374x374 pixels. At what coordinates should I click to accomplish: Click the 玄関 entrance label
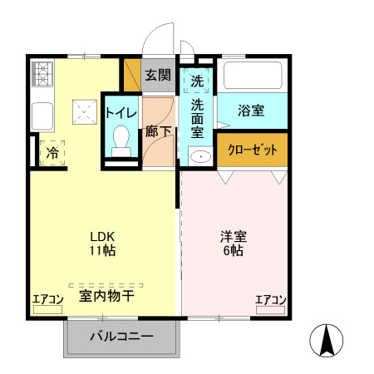coord(158,75)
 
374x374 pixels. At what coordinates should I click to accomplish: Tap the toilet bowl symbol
coord(121,137)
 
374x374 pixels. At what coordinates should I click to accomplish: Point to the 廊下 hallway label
coord(157,130)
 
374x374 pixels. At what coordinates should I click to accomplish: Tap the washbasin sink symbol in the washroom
coord(198,156)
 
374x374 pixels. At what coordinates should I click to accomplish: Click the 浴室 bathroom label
coord(251,109)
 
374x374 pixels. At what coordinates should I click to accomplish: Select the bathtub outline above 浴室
coord(253,76)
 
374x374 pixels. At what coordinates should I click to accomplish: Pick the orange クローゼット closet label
coord(253,150)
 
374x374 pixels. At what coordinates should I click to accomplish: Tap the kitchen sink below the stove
coord(42,114)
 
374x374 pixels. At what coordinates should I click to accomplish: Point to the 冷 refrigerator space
coord(52,153)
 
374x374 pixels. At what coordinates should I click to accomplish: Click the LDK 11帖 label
coord(102,243)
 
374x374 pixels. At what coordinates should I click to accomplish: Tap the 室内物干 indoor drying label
coord(106,295)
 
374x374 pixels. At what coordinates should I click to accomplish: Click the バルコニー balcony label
coord(121,337)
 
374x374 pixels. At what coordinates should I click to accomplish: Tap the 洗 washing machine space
coord(197,81)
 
